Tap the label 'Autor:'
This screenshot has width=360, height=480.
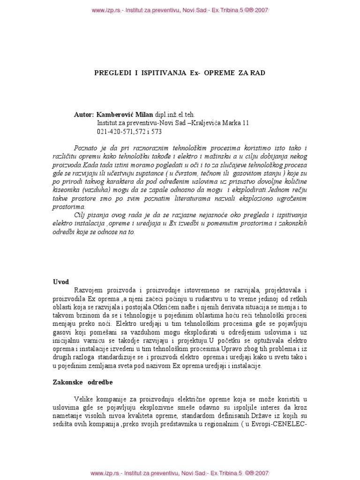(84, 114)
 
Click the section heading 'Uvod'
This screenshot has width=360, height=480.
(60, 282)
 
